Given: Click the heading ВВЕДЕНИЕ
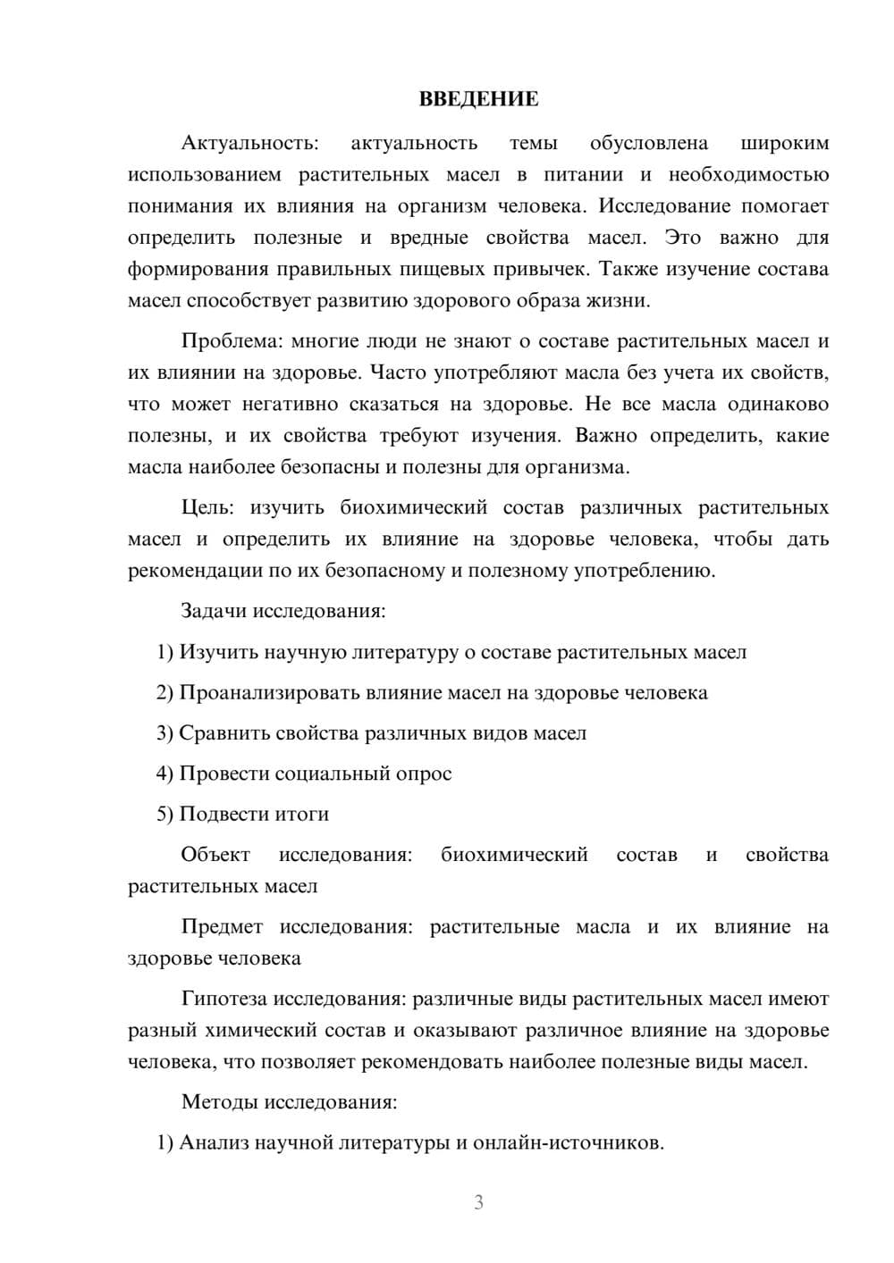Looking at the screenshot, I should click(478, 99).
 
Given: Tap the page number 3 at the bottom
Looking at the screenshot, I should click(478, 1202).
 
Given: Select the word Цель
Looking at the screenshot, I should click(207, 508).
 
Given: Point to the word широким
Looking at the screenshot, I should click(785, 144).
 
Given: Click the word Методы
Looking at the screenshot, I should click(219, 1102).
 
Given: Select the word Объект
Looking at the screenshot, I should click(215, 855).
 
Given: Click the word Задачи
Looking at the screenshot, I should click(214, 612).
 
